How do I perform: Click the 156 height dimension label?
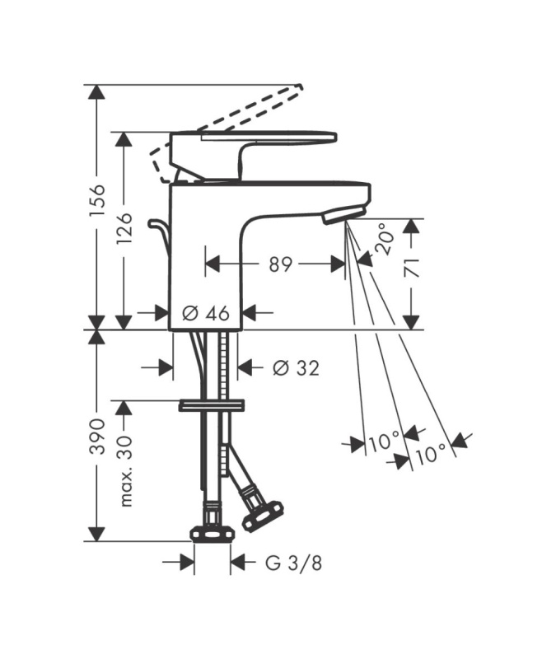click(97, 200)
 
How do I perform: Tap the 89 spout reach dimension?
click(280, 264)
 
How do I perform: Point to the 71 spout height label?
click(412, 267)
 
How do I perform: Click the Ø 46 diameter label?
click(206, 313)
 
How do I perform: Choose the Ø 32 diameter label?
click(296, 368)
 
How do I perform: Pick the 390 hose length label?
click(97, 436)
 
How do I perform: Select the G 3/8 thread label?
click(294, 563)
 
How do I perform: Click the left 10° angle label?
click(384, 442)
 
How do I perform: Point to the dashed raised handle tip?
click(299, 86)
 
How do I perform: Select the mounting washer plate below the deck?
click(212, 405)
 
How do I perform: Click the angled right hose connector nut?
click(263, 515)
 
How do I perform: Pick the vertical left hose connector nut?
click(213, 534)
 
